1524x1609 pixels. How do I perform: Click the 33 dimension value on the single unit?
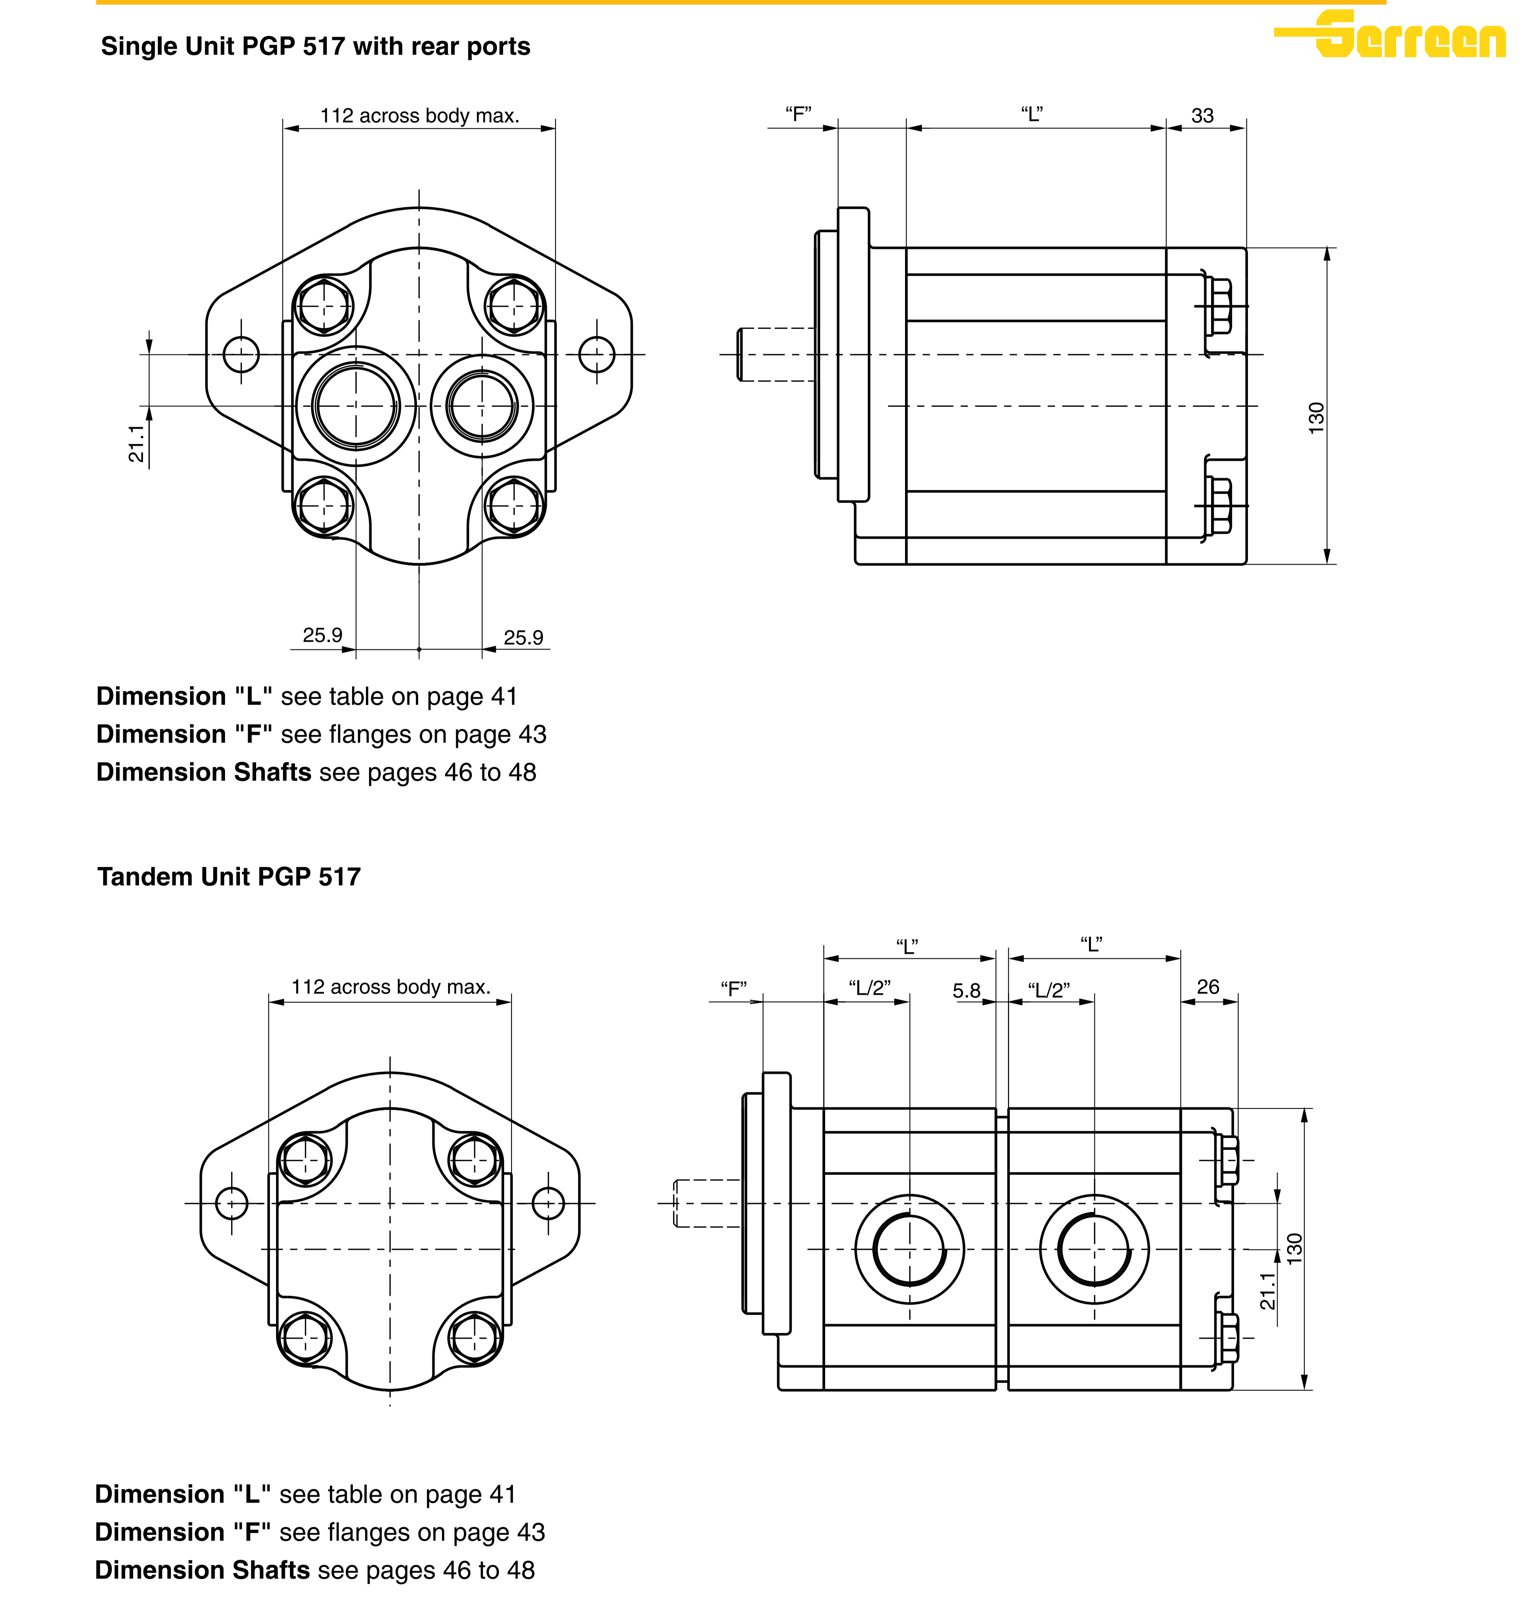[x=1202, y=115]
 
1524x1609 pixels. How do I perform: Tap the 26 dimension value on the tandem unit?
[x=1208, y=987]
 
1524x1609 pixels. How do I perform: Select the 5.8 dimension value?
[x=967, y=991]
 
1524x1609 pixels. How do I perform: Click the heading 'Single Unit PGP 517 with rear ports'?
[x=315, y=46]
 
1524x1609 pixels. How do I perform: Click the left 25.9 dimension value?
[x=323, y=635]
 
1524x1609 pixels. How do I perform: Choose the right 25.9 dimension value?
[x=523, y=638]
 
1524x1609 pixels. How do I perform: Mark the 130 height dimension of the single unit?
[x=1316, y=418]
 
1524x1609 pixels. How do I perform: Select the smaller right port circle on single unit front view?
[x=482, y=406]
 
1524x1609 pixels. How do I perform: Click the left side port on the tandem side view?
[x=910, y=1249]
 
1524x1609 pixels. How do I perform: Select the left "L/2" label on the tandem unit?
[x=869, y=988]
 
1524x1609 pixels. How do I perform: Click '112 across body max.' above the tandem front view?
[x=391, y=987]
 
